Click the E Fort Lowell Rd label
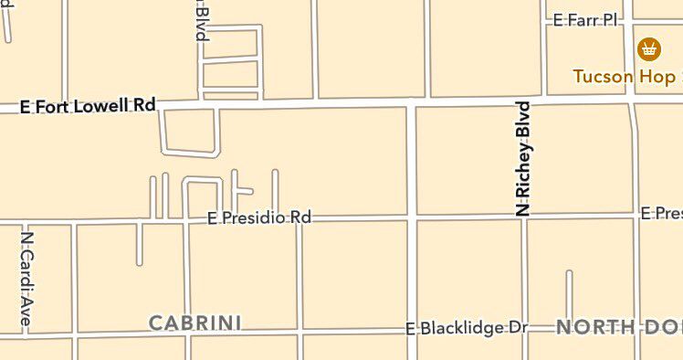point(89,105)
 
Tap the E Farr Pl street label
point(586,19)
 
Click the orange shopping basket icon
point(650,47)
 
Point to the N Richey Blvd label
point(523,160)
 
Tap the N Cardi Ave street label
point(26,278)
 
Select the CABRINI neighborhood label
point(194,322)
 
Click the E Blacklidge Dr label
point(468,327)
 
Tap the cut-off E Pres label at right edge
point(661,213)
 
